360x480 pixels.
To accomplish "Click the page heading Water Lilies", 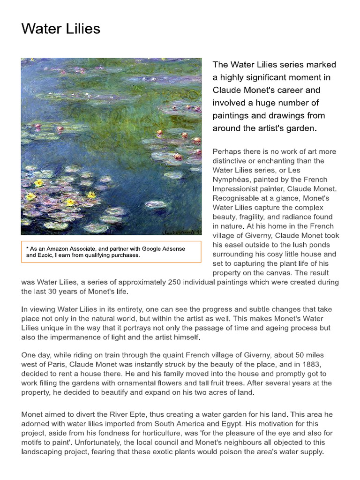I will pyautogui.click(x=61, y=29).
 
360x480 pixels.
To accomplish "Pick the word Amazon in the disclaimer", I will pyautogui.click(x=60, y=248).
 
